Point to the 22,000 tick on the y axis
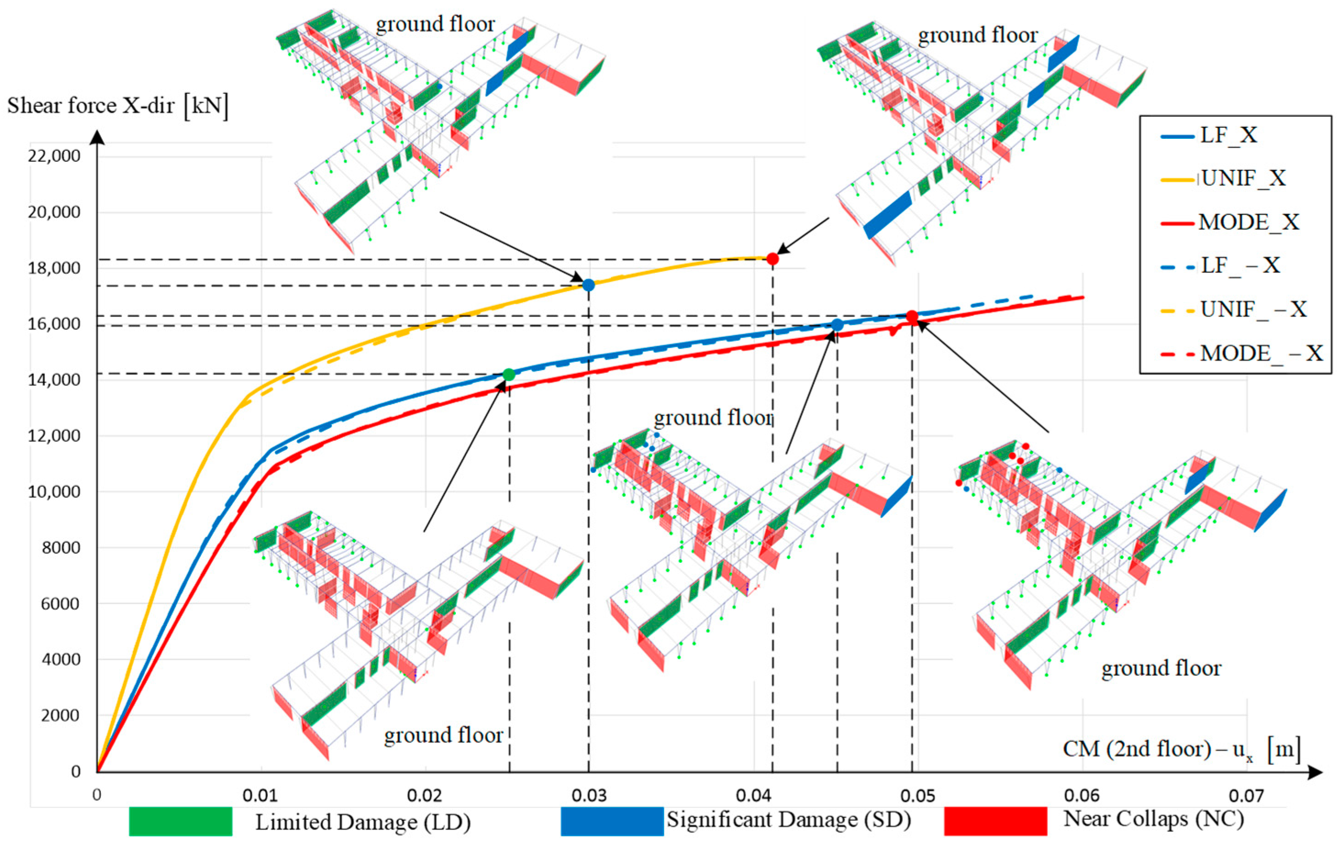coord(54,156)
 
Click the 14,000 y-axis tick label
coord(54,380)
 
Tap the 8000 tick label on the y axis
coord(61,547)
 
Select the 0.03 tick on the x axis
coord(589,796)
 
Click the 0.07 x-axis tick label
coord(1246,796)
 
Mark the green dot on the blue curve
coord(509,374)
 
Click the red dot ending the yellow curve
coord(772,258)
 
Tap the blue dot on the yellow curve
coord(588,285)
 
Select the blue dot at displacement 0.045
coord(837,325)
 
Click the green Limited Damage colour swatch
coord(180,821)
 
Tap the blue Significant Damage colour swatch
coord(612,821)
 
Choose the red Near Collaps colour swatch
coord(995,821)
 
